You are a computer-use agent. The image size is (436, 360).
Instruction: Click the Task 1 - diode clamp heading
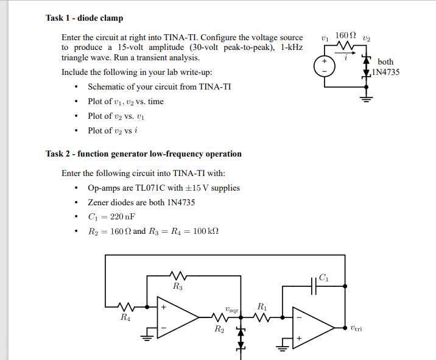(x=84, y=18)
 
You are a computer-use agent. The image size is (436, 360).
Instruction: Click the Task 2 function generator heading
(x=144, y=154)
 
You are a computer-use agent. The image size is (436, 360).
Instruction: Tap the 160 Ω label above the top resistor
(x=345, y=35)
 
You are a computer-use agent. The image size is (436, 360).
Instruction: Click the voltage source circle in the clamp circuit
(x=325, y=66)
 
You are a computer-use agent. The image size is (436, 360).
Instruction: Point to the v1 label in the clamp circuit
(x=325, y=38)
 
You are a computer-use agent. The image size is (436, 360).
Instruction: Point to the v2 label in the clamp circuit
(x=367, y=38)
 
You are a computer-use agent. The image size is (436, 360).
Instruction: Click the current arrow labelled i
(x=345, y=52)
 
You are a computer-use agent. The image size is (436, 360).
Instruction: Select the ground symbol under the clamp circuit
(x=366, y=98)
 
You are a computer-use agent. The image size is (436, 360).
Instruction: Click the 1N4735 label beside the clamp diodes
(x=385, y=72)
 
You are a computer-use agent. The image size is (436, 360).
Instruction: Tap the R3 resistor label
(x=178, y=286)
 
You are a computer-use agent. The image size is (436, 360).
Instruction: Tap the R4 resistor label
(x=125, y=317)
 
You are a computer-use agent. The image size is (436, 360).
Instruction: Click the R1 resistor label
(x=262, y=306)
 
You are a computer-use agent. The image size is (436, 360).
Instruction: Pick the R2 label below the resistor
(x=219, y=329)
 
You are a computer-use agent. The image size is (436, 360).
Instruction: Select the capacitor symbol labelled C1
(x=314, y=286)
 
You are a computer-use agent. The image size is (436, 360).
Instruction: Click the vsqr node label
(x=232, y=309)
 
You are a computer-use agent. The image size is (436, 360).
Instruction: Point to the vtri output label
(x=356, y=328)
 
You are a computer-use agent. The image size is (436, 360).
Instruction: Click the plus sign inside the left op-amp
(x=163, y=307)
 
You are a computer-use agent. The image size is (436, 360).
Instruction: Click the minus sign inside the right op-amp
(x=299, y=317)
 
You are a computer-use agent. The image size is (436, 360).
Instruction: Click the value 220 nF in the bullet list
(x=122, y=217)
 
